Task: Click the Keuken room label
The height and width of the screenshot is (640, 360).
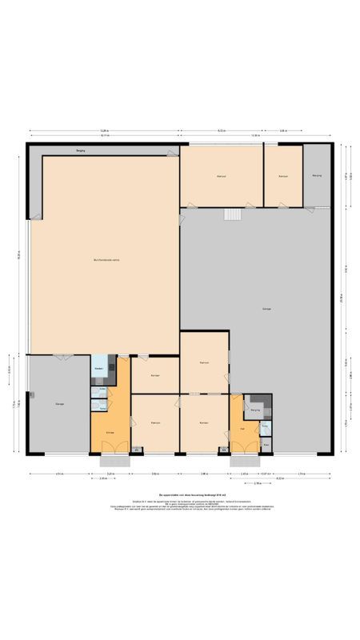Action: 99,368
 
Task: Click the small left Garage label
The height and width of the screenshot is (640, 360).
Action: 59,403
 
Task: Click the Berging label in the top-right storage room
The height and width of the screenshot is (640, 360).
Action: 317,175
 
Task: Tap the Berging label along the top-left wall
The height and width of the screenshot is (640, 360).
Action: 81,150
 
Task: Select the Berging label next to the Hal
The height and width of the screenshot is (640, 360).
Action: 255,410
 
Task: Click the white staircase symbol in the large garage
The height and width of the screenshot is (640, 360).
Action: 233,214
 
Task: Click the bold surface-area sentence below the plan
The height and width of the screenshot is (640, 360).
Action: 179,497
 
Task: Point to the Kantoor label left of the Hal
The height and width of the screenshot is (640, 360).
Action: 204,422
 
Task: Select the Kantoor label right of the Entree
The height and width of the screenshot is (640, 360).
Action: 155,422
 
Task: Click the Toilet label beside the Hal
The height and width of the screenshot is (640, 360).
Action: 265,426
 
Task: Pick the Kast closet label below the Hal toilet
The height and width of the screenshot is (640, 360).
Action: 266,446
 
